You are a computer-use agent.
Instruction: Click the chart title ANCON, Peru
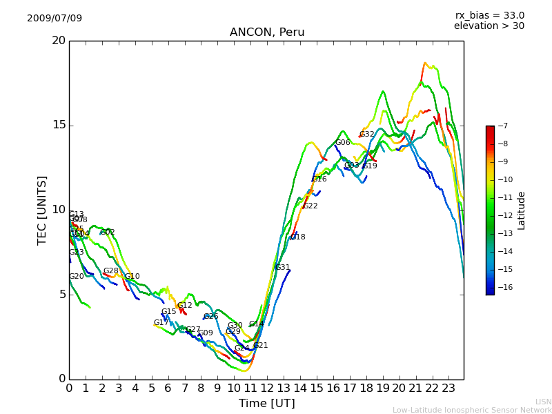267,32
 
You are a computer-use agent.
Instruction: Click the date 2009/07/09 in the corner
55,19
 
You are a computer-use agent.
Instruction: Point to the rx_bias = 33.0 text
489,16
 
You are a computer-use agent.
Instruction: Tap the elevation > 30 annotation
489,26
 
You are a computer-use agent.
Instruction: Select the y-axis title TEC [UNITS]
43,210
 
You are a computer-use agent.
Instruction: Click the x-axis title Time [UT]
266,404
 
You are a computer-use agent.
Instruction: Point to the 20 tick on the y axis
59,41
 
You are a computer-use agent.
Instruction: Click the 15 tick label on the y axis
59,126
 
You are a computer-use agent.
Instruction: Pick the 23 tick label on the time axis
448,388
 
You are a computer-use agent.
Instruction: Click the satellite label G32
367,135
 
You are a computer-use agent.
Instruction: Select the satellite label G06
343,143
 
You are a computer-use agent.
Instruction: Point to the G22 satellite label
310,206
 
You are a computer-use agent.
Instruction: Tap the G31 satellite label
283,268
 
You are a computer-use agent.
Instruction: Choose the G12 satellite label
185,306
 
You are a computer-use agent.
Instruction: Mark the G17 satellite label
161,323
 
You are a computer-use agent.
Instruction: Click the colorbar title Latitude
522,210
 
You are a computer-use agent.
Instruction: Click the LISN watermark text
543,402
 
